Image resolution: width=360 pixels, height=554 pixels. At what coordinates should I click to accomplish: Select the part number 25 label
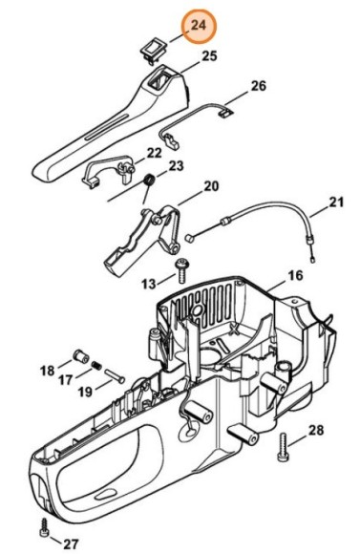tap(209, 56)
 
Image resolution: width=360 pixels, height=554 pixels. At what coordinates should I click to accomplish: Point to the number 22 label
tap(154, 153)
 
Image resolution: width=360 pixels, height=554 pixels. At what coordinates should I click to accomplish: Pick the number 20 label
tap(211, 185)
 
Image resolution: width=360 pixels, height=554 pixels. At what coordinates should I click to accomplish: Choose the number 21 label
tap(334, 202)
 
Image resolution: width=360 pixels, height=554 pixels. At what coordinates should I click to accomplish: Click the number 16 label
tap(295, 275)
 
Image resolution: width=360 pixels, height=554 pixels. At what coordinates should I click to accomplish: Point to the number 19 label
tap(84, 391)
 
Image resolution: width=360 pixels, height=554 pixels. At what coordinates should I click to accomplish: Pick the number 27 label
tap(70, 543)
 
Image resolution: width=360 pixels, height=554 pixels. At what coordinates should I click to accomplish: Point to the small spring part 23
tap(150, 180)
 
